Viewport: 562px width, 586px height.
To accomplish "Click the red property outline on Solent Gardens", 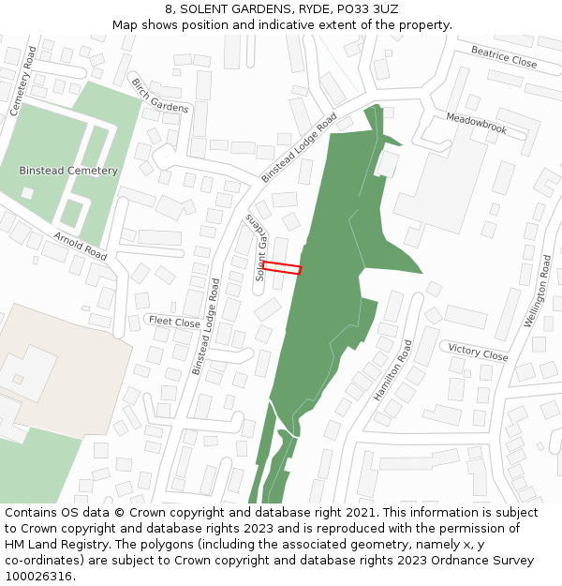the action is click(282, 268).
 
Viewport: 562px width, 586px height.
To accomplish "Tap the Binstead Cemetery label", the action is click(68, 171).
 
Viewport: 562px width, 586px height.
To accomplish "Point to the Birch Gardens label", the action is click(160, 95).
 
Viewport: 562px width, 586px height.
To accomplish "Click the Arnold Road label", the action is click(81, 245).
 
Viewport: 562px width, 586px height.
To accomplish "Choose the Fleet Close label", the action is click(174, 322).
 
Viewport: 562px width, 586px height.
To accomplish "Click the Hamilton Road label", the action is click(393, 370).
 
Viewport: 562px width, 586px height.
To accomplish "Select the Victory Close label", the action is click(478, 352).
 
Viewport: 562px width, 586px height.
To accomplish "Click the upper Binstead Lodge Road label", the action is click(299, 148).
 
